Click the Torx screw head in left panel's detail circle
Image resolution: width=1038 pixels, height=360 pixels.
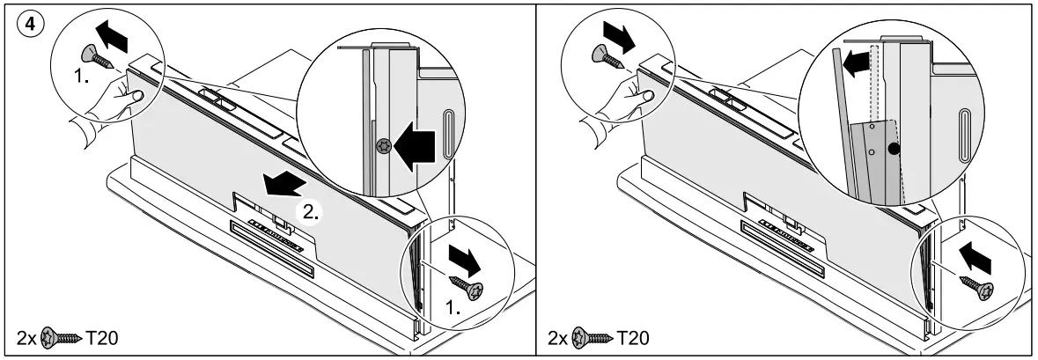click(x=381, y=147)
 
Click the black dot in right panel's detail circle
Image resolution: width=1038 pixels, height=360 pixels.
click(x=894, y=151)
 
